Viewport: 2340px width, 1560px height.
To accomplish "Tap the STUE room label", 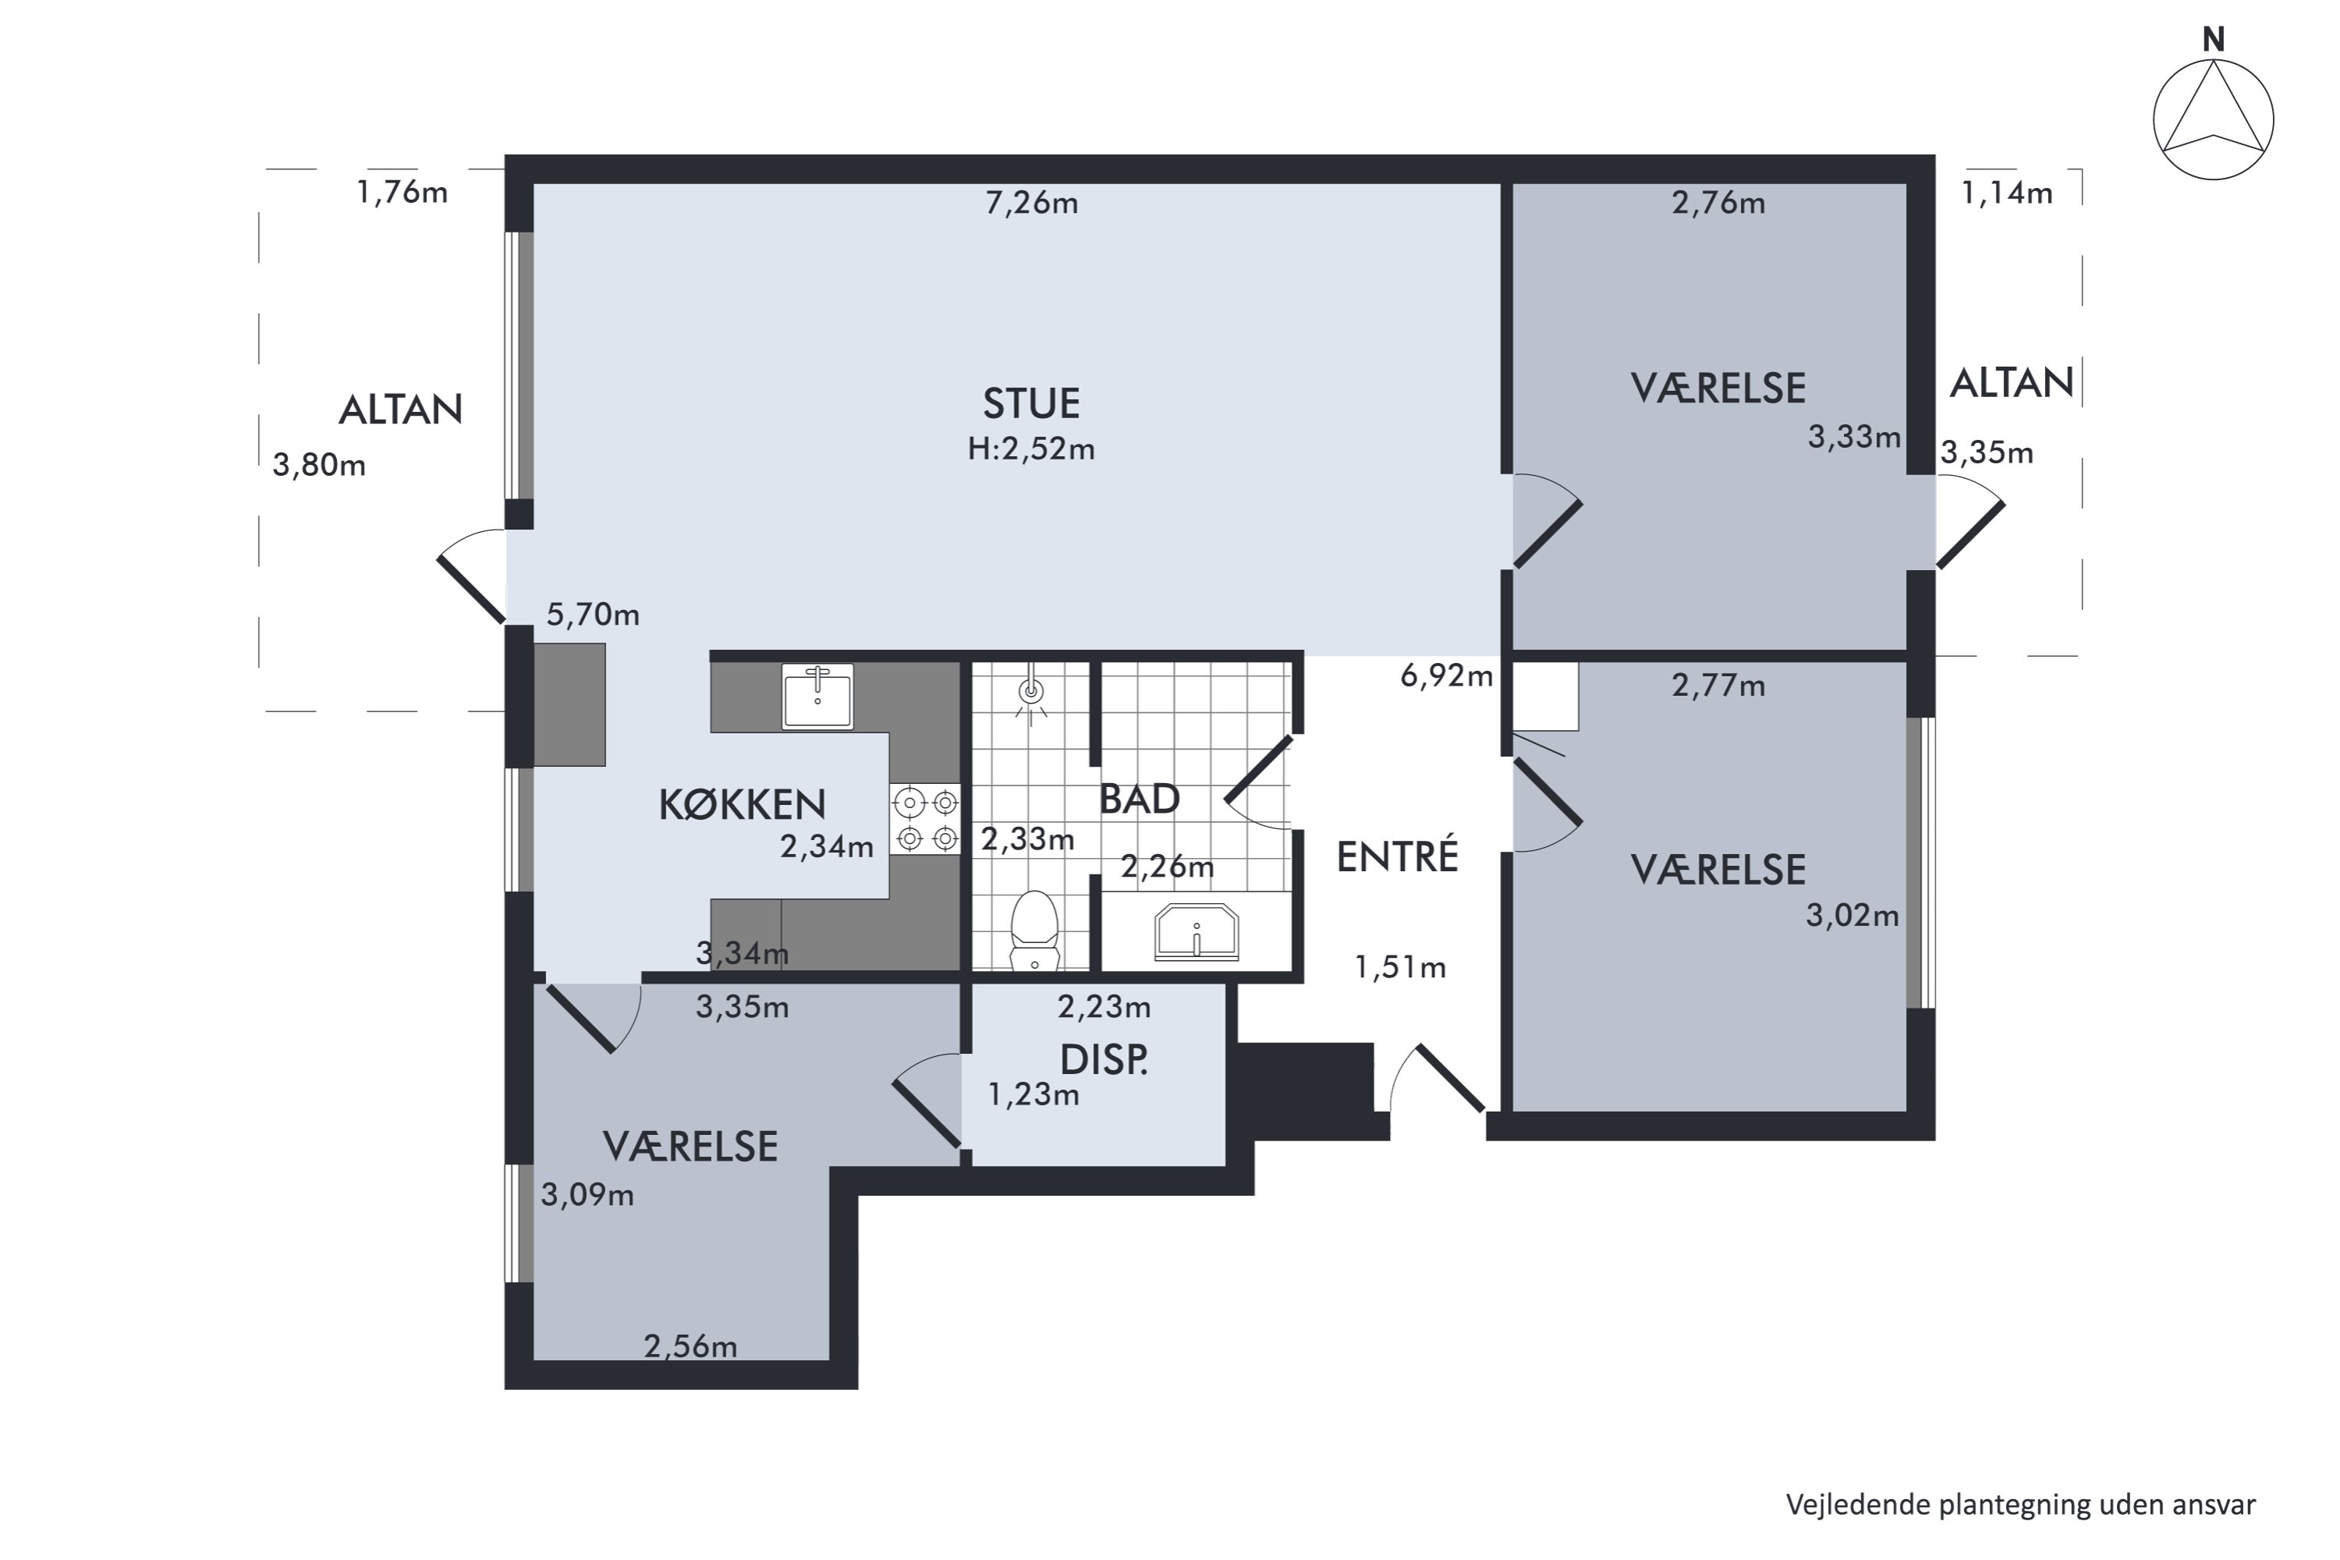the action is (x=1030, y=404).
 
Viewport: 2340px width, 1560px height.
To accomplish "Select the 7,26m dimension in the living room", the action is (x=1032, y=203).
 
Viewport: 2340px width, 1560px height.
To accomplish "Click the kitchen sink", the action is (x=817, y=697).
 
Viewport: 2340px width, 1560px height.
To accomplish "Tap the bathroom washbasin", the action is (x=1196, y=932).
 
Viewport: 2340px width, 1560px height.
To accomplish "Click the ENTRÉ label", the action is (x=1397, y=856).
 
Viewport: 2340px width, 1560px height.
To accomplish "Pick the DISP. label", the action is (x=1104, y=1061).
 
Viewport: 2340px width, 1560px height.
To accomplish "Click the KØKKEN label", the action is (x=743, y=805).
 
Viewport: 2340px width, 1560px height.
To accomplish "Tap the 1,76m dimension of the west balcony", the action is (x=402, y=192).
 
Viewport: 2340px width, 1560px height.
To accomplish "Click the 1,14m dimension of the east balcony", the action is (x=2007, y=193).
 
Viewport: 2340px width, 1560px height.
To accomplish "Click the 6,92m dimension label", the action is (x=1447, y=676).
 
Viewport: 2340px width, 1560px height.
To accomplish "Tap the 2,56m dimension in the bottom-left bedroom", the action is (x=690, y=1347).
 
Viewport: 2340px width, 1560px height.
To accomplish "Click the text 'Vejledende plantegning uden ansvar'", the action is (x=2021, y=1505).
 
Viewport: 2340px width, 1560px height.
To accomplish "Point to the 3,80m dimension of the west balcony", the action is (x=319, y=465).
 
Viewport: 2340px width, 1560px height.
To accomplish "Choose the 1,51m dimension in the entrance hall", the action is (x=1400, y=967).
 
